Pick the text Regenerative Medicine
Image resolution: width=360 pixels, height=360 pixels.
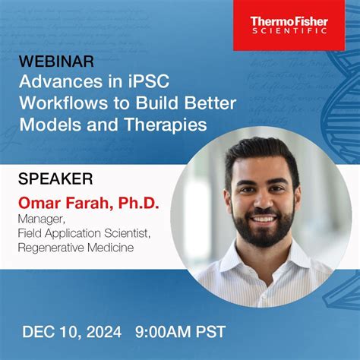click(87, 248)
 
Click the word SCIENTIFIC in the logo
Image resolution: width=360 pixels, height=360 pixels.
click(289, 32)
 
